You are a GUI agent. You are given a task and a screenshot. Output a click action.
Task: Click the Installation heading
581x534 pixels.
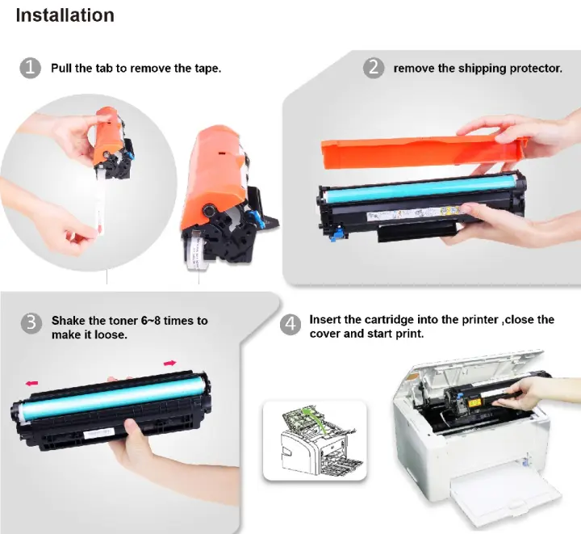(x=65, y=15)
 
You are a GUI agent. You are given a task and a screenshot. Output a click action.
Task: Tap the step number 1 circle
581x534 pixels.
(x=30, y=68)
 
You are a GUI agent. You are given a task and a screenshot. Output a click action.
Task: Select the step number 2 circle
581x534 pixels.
(x=373, y=68)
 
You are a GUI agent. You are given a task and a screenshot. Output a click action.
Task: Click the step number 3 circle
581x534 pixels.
(x=31, y=323)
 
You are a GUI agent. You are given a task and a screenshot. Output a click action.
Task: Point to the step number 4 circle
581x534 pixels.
(x=290, y=325)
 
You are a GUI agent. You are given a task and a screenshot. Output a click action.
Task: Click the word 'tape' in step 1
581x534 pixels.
(x=207, y=69)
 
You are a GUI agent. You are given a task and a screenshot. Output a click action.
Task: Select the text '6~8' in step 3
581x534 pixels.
(x=151, y=321)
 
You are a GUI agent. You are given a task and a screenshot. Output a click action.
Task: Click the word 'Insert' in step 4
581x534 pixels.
(x=324, y=320)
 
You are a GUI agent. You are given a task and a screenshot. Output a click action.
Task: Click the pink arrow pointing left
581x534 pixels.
(x=31, y=383)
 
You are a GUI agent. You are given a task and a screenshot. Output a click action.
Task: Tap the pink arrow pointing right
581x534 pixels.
(x=170, y=363)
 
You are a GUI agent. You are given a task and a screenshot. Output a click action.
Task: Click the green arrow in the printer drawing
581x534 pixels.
(x=314, y=420)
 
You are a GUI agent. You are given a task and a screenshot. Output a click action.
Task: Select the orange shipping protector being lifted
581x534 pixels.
(x=424, y=151)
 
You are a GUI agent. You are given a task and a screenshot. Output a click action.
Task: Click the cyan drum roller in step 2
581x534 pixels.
(x=420, y=188)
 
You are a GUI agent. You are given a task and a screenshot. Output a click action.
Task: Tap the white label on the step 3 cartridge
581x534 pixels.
(x=98, y=434)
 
